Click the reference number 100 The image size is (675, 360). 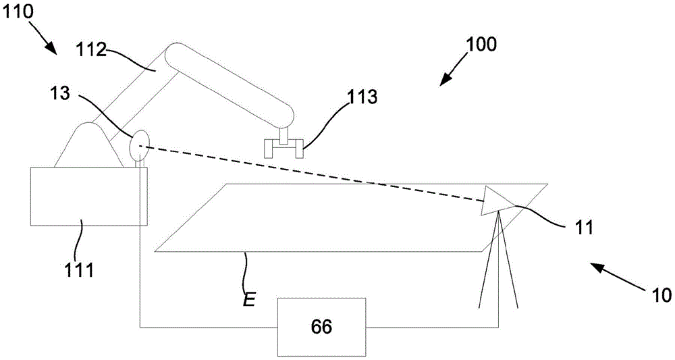(x=481, y=45)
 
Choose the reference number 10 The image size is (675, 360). (x=660, y=294)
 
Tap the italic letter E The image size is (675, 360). (x=248, y=299)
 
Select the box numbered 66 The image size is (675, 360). (x=321, y=326)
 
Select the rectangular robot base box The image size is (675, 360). (x=86, y=195)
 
